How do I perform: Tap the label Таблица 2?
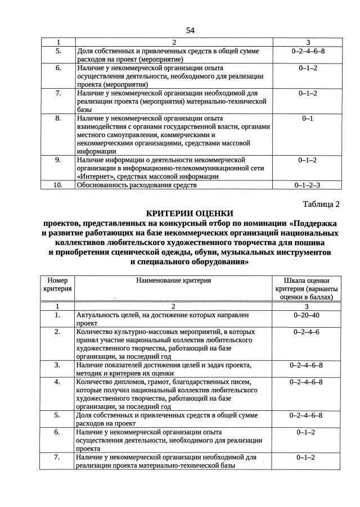[321, 203]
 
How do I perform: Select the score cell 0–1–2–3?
[307, 184]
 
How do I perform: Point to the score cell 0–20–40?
[307, 315]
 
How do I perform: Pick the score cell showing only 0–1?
[307, 119]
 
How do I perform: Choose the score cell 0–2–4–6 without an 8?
[307, 332]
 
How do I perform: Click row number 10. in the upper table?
[58, 184]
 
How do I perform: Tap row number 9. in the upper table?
[58, 160]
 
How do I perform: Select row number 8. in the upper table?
[58, 119]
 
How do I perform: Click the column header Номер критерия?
[57, 284]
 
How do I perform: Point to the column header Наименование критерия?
[173, 280]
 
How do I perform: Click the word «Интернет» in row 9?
[94, 176]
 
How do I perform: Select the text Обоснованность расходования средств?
[137, 184]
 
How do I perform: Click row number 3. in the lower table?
[58, 365]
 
